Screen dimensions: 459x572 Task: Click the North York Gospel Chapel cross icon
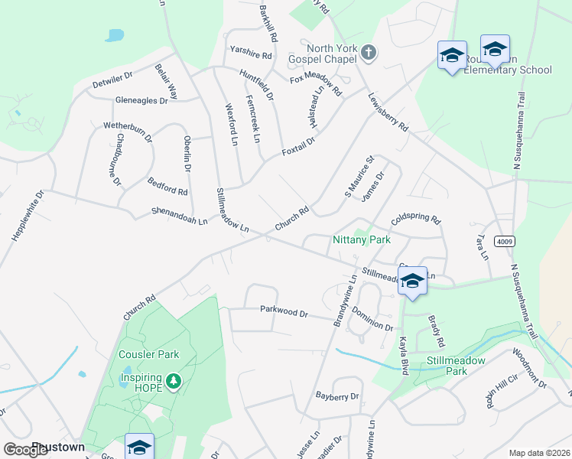(369, 53)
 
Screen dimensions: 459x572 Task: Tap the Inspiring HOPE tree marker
(174, 380)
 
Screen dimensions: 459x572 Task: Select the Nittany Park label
(362, 239)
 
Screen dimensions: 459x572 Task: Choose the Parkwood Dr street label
(283, 313)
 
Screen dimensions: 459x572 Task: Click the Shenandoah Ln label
(179, 216)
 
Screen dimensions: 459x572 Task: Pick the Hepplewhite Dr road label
(29, 216)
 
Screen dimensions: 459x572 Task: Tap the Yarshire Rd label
(251, 55)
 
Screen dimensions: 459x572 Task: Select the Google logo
(26, 450)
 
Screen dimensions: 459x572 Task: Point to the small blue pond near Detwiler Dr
(115, 35)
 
